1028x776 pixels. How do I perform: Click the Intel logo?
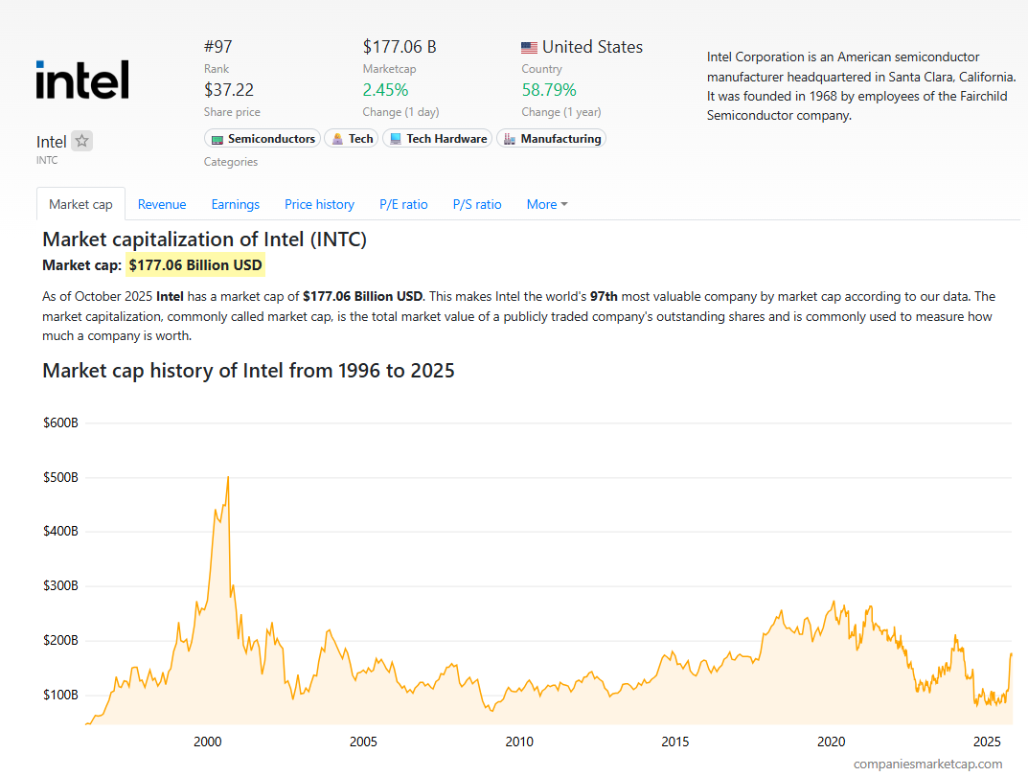pos(82,80)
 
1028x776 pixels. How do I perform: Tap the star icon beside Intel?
pos(82,141)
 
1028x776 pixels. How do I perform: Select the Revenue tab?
pos(162,204)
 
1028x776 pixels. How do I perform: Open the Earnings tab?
pos(236,204)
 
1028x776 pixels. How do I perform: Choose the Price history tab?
pos(319,204)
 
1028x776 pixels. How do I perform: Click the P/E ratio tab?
pos(403,204)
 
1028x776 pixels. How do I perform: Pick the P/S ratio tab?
pos(477,204)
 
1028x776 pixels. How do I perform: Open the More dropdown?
pos(546,204)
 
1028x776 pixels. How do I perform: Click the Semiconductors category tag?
pos(263,139)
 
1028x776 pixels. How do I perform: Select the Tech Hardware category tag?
pos(437,139)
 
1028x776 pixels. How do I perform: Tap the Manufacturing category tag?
pos(551,139)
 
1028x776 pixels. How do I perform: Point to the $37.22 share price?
pos(229,90)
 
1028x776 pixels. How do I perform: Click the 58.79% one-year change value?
pos(549,90)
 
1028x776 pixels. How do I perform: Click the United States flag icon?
pos(529,47)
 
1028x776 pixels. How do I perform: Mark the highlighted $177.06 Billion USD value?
pos(195,265)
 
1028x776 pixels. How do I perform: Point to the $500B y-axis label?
pos(60,477)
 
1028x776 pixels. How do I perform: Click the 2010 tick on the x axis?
pos(519,742)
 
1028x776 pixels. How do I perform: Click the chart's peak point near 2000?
pos(227,477)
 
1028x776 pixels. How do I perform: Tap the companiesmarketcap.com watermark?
pos(927,764)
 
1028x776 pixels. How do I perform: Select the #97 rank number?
pos(218,47)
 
